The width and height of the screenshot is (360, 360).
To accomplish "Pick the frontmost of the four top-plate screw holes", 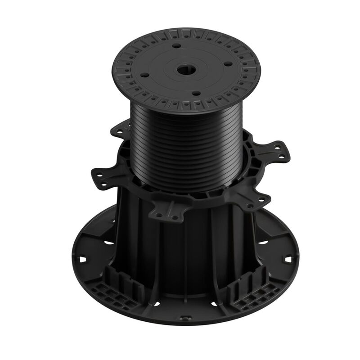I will pyautogui.click(x=196, y=94).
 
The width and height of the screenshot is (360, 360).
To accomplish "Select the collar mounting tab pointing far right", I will pyautogui.click(x=279, y=151).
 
